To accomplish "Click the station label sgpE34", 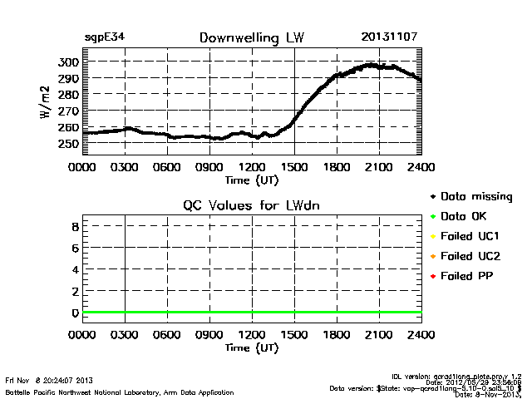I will click(104, 37).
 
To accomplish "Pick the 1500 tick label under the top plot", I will click(294, 167).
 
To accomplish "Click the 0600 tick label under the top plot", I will click(167, 167).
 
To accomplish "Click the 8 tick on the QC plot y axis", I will click(75, 226).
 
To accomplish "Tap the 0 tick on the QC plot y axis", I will click(75, 313).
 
